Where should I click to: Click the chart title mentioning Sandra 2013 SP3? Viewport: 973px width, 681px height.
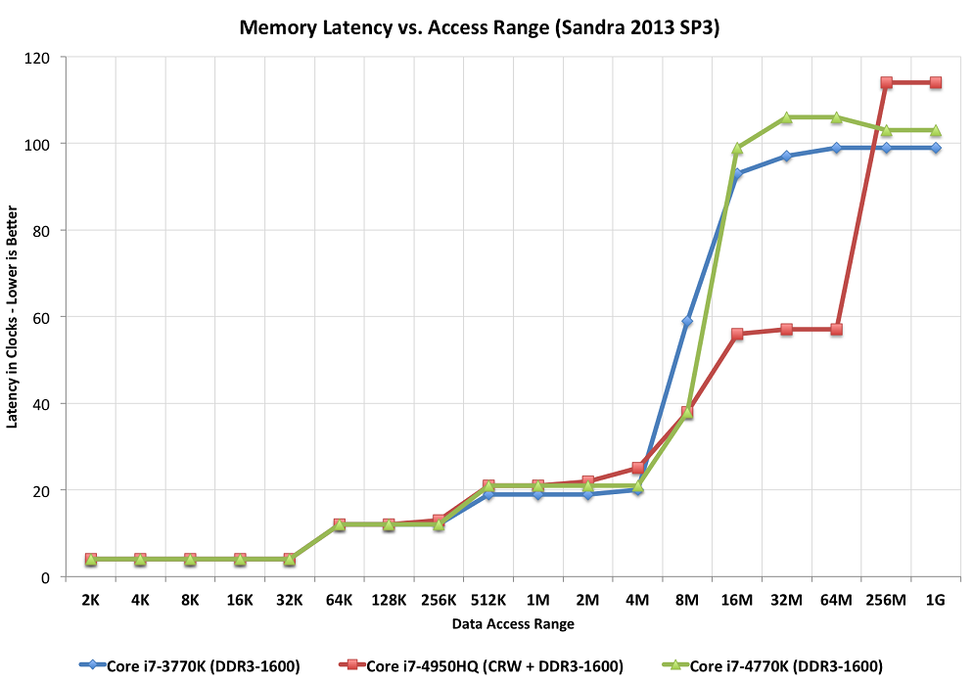[479, 28]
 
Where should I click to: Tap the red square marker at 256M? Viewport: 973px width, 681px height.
[886, 82]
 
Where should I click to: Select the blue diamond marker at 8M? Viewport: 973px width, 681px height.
[687, 321]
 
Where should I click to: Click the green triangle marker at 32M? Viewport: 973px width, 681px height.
[786, 117]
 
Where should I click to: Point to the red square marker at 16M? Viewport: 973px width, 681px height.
[737, 334]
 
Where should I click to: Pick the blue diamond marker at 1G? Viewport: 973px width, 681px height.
[936, 148]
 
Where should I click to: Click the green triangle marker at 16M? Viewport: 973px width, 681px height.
[737, 148]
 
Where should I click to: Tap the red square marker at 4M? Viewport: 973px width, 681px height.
[637, 468]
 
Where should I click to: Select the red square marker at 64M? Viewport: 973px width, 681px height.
[837, 330]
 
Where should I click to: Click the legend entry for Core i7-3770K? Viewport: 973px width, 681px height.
[190, 666]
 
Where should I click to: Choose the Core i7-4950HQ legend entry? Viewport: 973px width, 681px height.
[481, 666]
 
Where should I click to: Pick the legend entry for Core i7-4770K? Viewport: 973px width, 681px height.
[772, 666]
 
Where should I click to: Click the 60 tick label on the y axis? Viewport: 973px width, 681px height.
[41, 319]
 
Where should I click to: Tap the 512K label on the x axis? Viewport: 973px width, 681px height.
[488, 601]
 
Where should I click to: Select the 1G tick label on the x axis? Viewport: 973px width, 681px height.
[935, 601]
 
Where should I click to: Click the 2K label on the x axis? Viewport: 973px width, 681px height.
[91, 601]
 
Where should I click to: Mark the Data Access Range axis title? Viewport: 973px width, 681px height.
[513, 624]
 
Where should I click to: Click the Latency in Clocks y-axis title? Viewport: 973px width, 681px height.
[12, 317]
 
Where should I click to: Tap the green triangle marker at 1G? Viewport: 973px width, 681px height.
[936, 130]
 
